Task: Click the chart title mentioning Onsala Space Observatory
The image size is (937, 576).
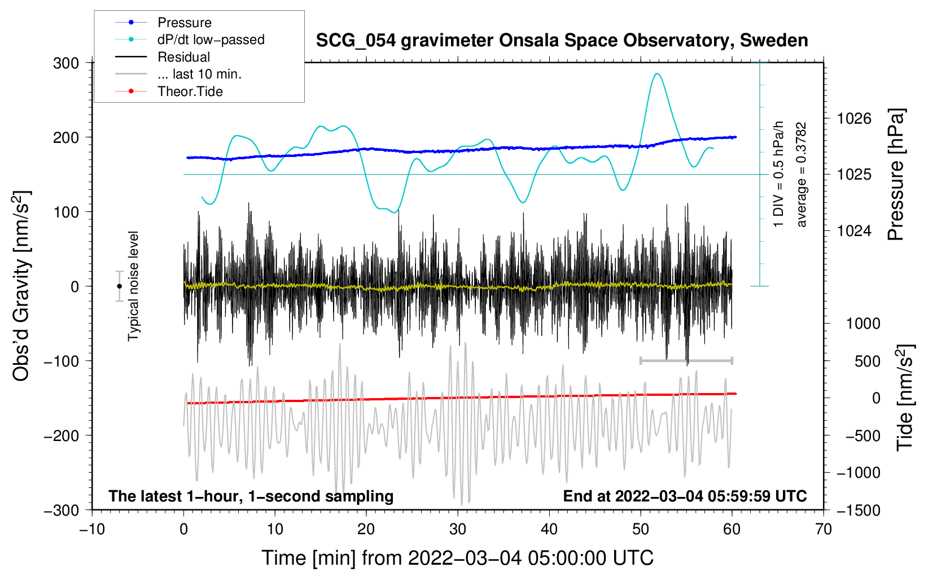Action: coord(562,41)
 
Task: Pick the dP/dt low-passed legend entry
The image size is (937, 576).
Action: coord(211,40)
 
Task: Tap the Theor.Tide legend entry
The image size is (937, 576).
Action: coord(190,91)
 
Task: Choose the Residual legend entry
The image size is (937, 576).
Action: coord(183,57)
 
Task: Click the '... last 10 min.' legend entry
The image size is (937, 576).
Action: coord(199,74)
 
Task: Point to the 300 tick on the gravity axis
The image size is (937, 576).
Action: coord(66,63)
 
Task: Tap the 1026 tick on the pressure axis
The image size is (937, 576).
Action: coord(854,119)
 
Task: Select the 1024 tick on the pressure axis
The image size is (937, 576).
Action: coord(854,230)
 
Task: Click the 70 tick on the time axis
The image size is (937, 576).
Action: coord(824,529)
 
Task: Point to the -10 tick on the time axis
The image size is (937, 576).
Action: coord(92,529)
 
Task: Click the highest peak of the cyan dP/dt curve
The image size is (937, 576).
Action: coord(656,74)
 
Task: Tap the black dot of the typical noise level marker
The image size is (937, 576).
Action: coord(119,286)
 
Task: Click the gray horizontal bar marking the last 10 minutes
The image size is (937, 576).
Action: coord(686,360)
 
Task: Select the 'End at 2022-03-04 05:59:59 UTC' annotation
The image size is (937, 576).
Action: coord(685,496)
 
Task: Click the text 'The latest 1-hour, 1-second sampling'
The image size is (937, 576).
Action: coord(251,496)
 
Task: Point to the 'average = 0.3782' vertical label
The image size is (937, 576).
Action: coord(802,175)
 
